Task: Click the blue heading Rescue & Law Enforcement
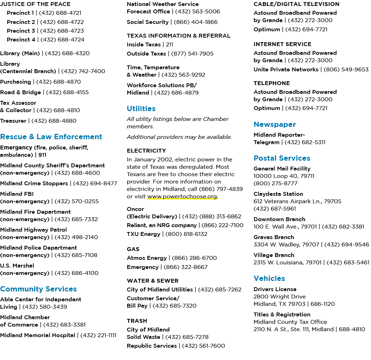click(x=51, y=137)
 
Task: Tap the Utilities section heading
click(x=141, y=109)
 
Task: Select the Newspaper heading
click(x=275, y=124)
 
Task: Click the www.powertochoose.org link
click(x=182, y=196)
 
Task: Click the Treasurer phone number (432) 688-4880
click(x=54, y=121)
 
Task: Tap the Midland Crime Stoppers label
click(x=34, y=183)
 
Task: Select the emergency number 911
click(x=43, y=155)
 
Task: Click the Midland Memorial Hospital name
click(x=38, y=335)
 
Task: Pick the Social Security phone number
click(x=196, y=22)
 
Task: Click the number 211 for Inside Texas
click(x=169, y=45)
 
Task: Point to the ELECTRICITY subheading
click(x=147, y=150)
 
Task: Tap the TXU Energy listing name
click(x=143, y=234)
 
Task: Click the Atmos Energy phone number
click(x=194, y=258)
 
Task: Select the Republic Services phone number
click(x=203, y=346)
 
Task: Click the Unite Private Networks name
click(x=286, y=69)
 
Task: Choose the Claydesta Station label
click(x=278, y=194)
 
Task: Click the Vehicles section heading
click(x=269, y=278)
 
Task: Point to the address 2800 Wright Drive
click(x=280, y=296)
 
